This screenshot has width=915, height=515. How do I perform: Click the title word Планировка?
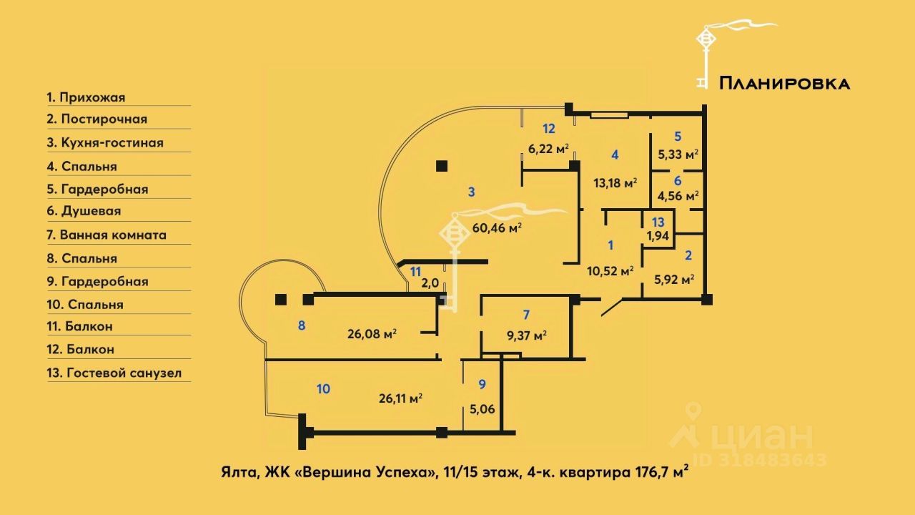point(784,84)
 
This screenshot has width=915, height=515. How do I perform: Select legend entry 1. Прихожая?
point(86,97)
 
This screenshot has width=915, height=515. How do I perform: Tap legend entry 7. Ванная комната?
point(107,235)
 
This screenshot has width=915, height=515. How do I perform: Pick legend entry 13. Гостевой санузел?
point(114,373)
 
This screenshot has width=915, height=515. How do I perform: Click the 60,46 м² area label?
point(497,228)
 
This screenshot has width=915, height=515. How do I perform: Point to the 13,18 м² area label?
point(615,182)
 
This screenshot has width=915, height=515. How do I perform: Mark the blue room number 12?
point(548,129)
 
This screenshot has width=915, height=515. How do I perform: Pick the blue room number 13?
point(658,222)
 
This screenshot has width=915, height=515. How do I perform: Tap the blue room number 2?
point(688,255)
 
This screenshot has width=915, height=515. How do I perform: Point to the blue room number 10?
point(323,389)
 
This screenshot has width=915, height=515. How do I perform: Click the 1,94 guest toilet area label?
point(658,236)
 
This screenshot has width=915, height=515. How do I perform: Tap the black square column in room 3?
point(441,167)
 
